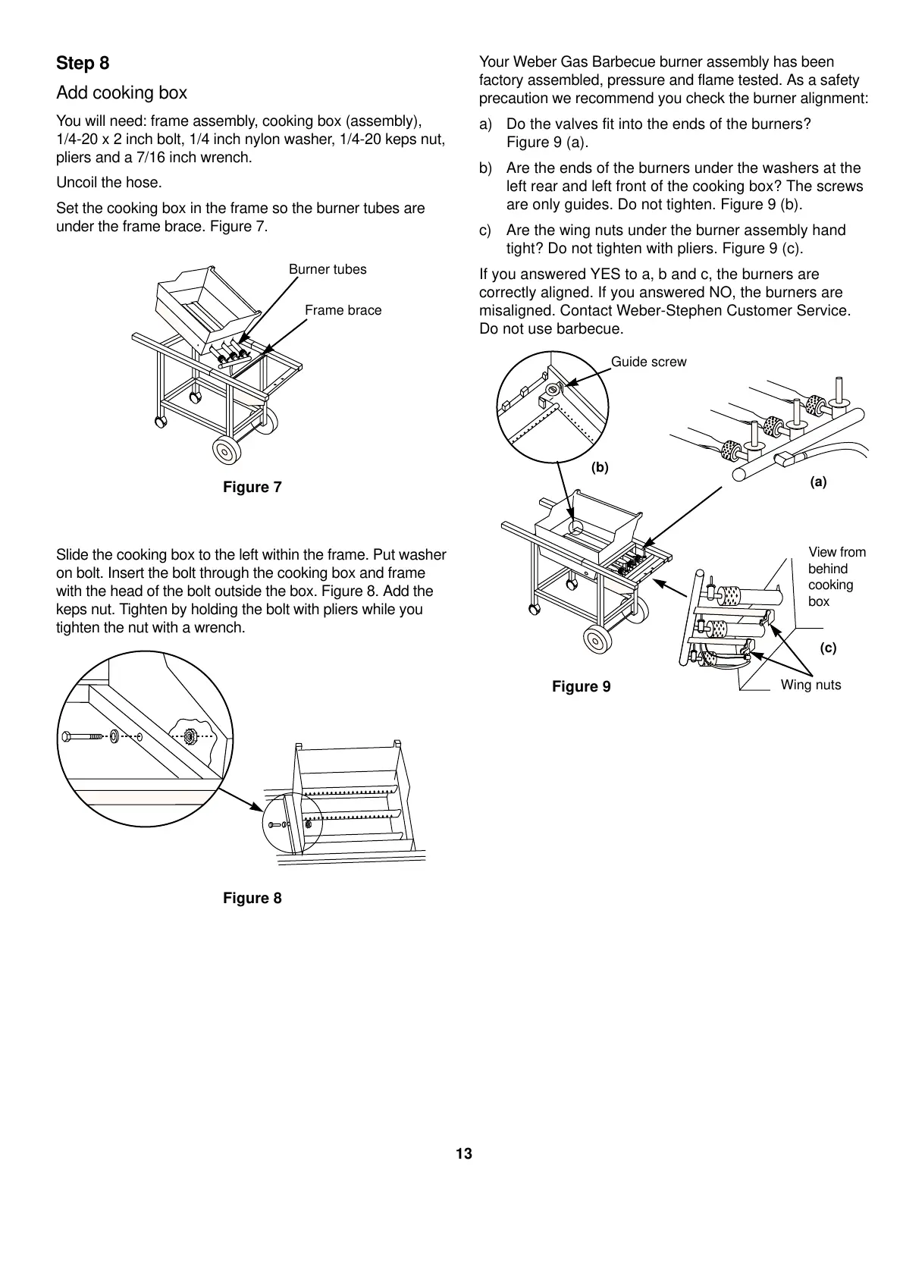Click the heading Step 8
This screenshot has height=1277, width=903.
[x=83, y=64]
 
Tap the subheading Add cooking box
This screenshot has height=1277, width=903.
[x=121, y=93]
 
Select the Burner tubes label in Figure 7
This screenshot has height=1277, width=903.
[x=328, y=270]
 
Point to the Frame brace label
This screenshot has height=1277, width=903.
[x=343, y=311]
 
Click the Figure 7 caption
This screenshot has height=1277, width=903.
[x=252, y=488]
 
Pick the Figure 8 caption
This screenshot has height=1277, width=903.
[x=252, y=899]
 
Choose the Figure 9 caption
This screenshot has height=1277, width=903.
[x=581, y=687]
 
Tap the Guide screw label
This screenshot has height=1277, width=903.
[x=648, y=362]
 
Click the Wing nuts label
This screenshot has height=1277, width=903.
[x=811, y=686]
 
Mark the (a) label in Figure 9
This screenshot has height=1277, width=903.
[x=818, y=482]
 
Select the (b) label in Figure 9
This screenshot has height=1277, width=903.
[x=600, y=468]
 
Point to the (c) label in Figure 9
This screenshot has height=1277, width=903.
[x=828, y=648]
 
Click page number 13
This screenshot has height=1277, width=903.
[x=464, y=1154]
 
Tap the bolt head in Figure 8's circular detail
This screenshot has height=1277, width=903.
[x=67, y=736]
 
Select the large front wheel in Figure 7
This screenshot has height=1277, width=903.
[x=226, y=450]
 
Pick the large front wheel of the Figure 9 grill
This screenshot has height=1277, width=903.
[x=597, y=639]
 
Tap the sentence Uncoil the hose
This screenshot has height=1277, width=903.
[x=108, y=183]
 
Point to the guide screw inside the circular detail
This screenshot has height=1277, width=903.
[x=553, y=390]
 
